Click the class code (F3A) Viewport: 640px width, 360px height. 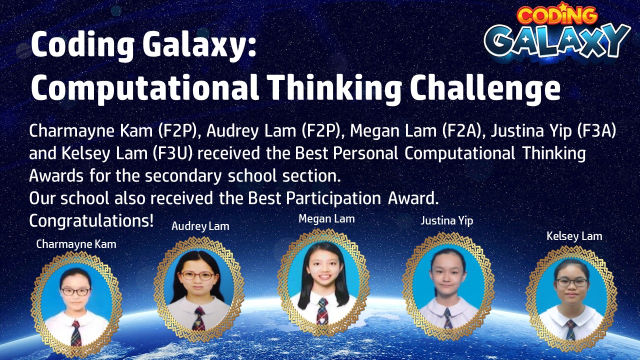coord(596,131)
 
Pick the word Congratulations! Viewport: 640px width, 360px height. coord(91,221)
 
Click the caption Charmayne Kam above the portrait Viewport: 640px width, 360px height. coord(76,244)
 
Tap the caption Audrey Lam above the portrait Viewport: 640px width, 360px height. coord(200,226)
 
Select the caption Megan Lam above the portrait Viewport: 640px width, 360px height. coord(326,219)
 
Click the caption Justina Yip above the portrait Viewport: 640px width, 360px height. coord(446,220)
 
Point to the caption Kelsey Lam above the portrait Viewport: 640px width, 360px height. coord(574,236)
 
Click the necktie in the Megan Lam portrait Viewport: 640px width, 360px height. coord(322,311)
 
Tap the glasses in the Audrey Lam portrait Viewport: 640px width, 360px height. coord(197,275)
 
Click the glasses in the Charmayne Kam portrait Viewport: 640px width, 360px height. coord(75,291)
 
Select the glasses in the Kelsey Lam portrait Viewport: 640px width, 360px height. coord(571,282)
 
